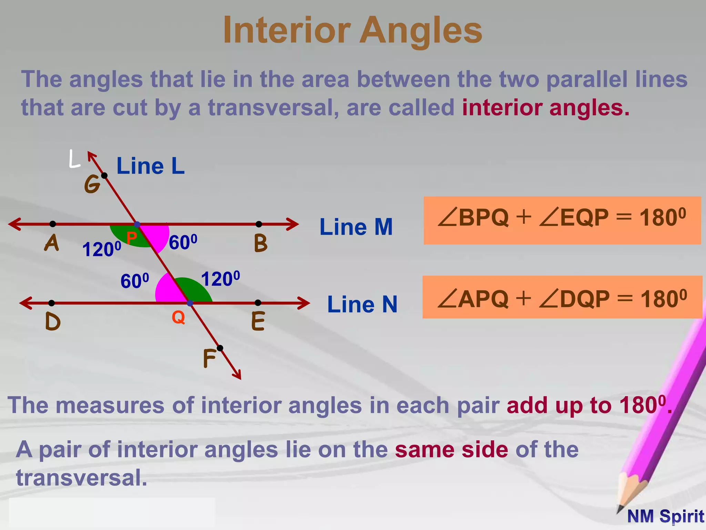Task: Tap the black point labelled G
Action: [x=104, y=176]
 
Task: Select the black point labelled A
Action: [x=52, y=224]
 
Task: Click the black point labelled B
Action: [x=259, y=224]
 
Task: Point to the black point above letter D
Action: [x=51, y=303]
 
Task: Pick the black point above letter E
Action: [x=258, y=303]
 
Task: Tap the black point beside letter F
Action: [x=220, y=348]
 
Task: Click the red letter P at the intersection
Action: [x=131, y=237]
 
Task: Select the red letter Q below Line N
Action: [x=178, y=317]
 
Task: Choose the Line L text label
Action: [x=151, y=166]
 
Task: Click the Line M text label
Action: [x=356, y=227]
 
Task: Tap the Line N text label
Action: [x=362, y=304]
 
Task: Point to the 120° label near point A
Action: [x=102, y=249]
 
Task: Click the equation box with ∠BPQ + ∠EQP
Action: [x=562, y=220]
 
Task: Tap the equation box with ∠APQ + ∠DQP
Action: [x=562, y=297]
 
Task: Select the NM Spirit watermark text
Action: [x=665, y=517]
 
